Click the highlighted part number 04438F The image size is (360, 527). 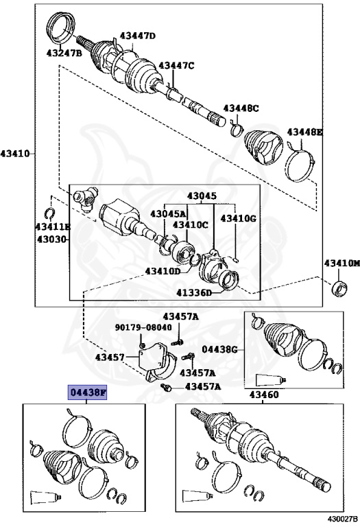pos(87,393)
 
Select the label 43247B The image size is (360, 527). pos(64,53)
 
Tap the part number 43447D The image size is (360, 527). pos(138,35)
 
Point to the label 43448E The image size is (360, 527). pos(305,132)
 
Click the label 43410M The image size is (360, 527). pos(341,263)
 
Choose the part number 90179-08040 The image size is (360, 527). pos(143,327)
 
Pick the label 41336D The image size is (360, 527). pos(195,293)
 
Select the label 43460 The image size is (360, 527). pos(263,395)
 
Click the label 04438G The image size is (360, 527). pos(219,349)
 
